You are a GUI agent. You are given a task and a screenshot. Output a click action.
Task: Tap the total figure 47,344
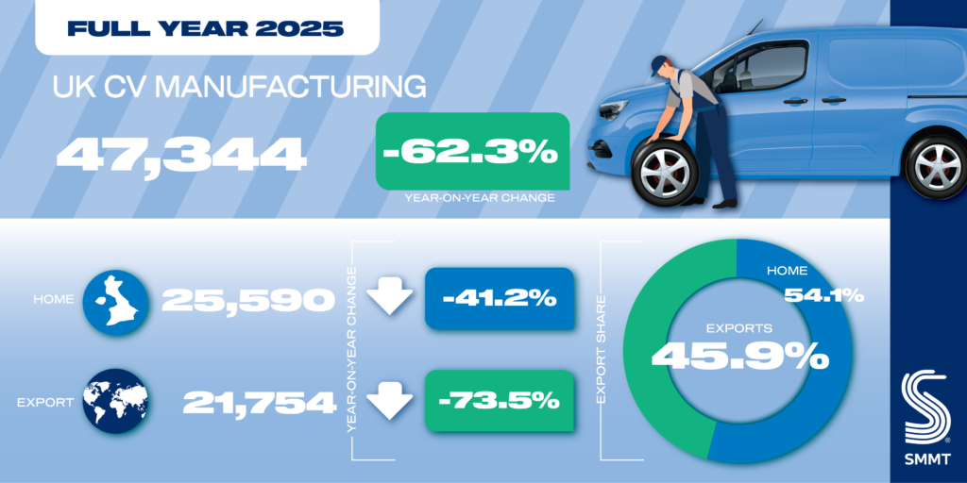click(180, 154)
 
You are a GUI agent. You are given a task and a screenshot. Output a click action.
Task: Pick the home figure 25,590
click(248, 300)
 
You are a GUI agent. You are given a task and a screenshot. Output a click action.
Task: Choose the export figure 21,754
click(260, 403)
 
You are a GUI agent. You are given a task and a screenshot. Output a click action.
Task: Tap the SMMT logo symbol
click(928, 407)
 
